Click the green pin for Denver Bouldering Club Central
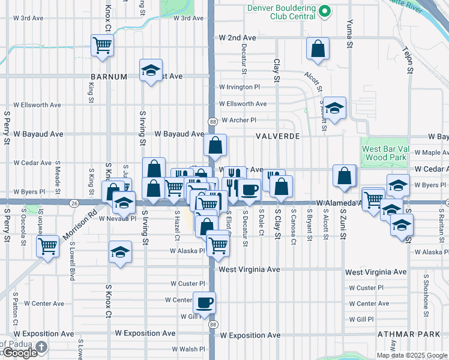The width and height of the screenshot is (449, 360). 325,11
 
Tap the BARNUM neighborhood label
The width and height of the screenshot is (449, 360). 109,77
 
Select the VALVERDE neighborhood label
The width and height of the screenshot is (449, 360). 277,136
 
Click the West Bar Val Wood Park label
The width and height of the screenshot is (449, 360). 386,153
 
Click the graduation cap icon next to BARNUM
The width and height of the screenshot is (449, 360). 151,70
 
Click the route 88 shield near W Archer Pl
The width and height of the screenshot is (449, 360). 213,122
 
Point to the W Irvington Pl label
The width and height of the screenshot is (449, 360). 240,87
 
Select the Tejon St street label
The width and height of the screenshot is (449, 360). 409,60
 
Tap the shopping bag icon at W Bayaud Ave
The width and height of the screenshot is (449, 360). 215,145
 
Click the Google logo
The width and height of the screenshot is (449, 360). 19,353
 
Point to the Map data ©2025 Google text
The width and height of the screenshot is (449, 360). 412,355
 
